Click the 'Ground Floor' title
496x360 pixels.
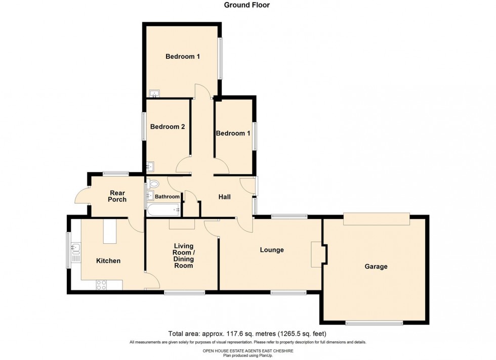(x=247, y=5)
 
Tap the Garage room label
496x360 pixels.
(x=376, y=266)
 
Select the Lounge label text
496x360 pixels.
(x=272, y=250)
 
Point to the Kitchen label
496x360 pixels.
(x=108, y=261)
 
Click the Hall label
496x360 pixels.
(x=224, y=197)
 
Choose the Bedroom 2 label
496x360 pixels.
(x=167, y=127)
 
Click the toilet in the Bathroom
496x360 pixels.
(x=153, y=185)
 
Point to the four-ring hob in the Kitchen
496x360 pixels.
(x=101, y=285)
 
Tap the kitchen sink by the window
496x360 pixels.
(x=76, y=248)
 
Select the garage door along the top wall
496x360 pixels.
(x=376, y=218)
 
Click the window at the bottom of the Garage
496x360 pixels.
(x=374, y=323)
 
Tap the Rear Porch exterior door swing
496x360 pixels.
(x=81, y=195)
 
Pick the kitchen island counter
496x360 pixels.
(x=110, y=231)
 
